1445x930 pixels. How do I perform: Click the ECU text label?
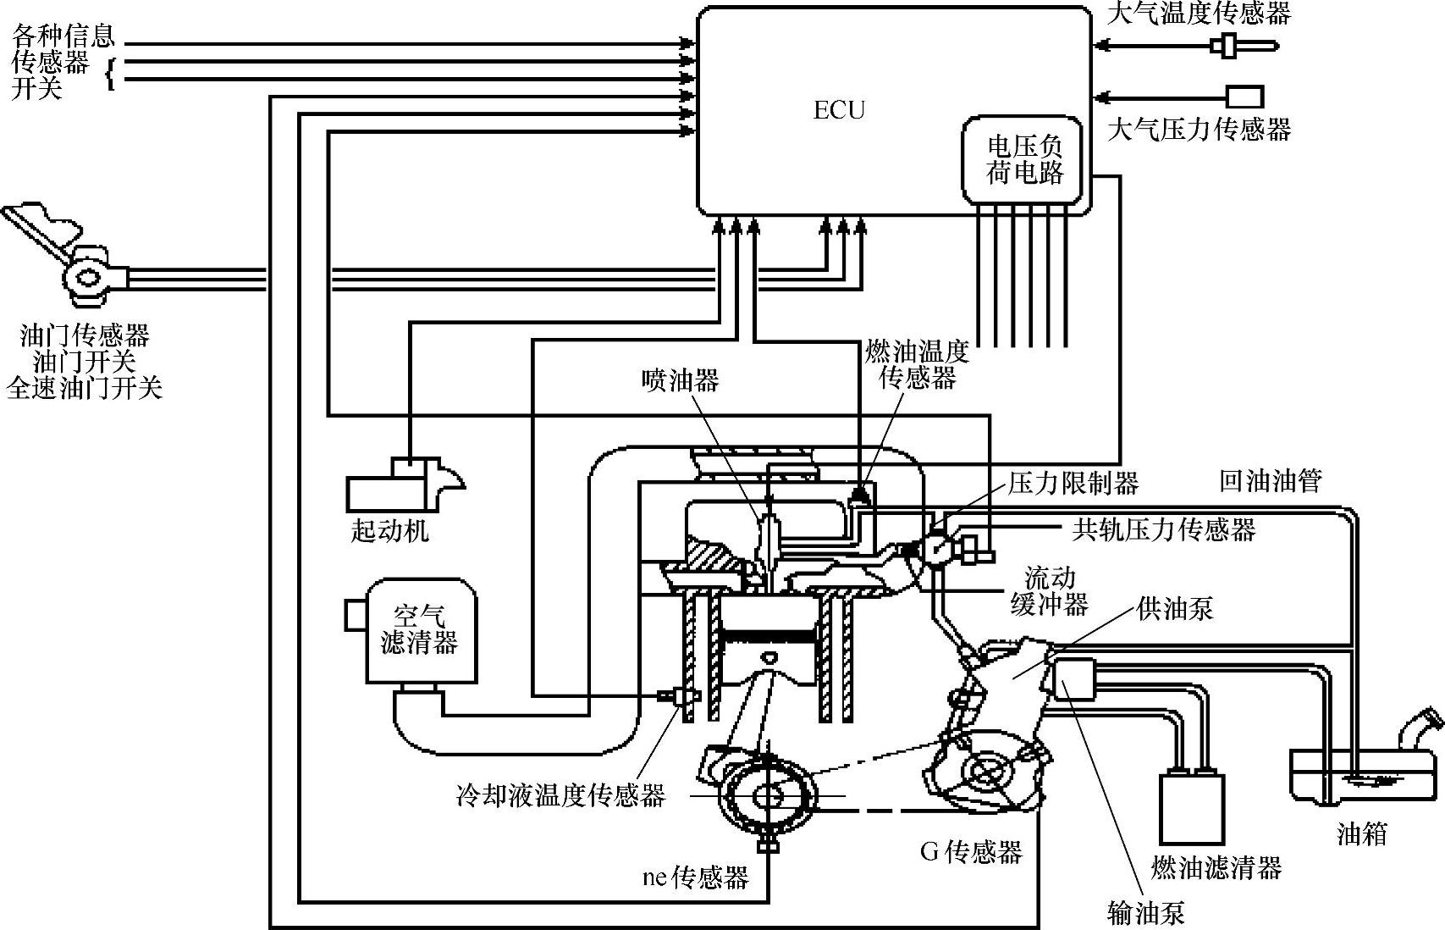(839, 110)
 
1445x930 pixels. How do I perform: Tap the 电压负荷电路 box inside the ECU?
(1022, 161)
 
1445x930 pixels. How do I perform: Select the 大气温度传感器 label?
(1200, 14)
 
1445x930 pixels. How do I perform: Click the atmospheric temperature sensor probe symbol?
(1244, 46)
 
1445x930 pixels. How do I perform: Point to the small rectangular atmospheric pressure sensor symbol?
(1245, 97)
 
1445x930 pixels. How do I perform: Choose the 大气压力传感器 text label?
(1200, 129)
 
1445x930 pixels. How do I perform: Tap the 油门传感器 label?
(85, 335)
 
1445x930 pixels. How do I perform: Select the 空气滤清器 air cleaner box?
(420, 630)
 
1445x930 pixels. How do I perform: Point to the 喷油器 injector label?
(680, 380)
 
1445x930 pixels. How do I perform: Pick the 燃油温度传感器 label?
(917, 365)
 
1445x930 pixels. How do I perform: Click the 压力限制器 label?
(1073, 483)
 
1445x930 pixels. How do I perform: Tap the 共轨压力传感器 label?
(1164, 530)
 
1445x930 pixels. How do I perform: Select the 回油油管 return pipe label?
(1270, 481)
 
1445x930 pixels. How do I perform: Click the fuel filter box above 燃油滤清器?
(1192, 808)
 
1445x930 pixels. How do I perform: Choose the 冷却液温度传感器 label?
(560, 796)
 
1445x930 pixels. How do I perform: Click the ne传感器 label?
(695, 877)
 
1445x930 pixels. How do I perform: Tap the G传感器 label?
(971, 853)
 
